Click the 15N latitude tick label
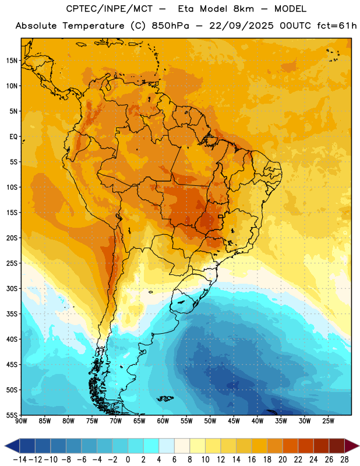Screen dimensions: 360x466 (12, 61)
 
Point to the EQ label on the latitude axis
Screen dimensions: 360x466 (13, 137)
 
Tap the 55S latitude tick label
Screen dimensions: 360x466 (12, 415)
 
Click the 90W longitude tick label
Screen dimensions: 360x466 (21, 421)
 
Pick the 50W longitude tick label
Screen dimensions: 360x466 (210, 421)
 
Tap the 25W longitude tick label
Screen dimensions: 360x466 (328, 421)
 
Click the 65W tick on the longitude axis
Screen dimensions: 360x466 (139, 421)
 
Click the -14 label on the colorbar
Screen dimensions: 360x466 (20, 460)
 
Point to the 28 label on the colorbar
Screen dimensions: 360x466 (344, 460)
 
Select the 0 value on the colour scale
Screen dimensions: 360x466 (128, 460)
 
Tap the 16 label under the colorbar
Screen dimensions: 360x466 (252, 460)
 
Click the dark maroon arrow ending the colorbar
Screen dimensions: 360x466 (352, 446)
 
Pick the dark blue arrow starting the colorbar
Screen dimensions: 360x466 (12, 446)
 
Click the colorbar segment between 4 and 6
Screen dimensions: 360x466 (167, 446)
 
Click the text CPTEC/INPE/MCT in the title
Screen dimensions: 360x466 (110, 9)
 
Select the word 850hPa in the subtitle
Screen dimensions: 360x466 (170, 26)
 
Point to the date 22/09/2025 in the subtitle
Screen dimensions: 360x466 (241, 26)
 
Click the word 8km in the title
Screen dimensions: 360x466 (243, 9)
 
